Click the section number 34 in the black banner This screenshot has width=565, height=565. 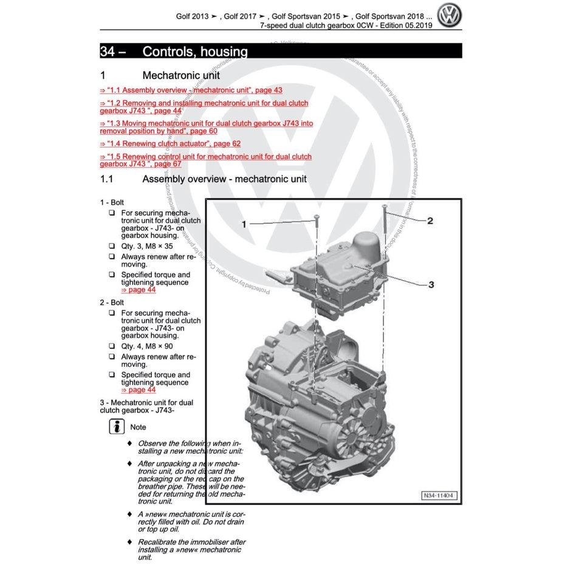click(108, 52)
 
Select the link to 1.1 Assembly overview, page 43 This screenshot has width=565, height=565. click(191, 90)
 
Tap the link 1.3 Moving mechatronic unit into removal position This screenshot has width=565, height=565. click(207, 123)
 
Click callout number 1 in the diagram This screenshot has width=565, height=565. click(244, 224)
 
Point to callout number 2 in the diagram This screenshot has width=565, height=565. click(430, 221)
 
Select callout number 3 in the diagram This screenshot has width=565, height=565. click(431, 284)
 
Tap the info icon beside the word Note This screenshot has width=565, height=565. click(116, 426)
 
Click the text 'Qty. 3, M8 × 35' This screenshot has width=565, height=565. click(147, 246)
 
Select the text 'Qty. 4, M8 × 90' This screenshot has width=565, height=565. click(147, 346)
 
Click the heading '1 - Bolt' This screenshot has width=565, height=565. click(112, 202)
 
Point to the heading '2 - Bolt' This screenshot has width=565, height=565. click(112, 302)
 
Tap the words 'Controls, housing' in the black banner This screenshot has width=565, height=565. click(194, 52)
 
